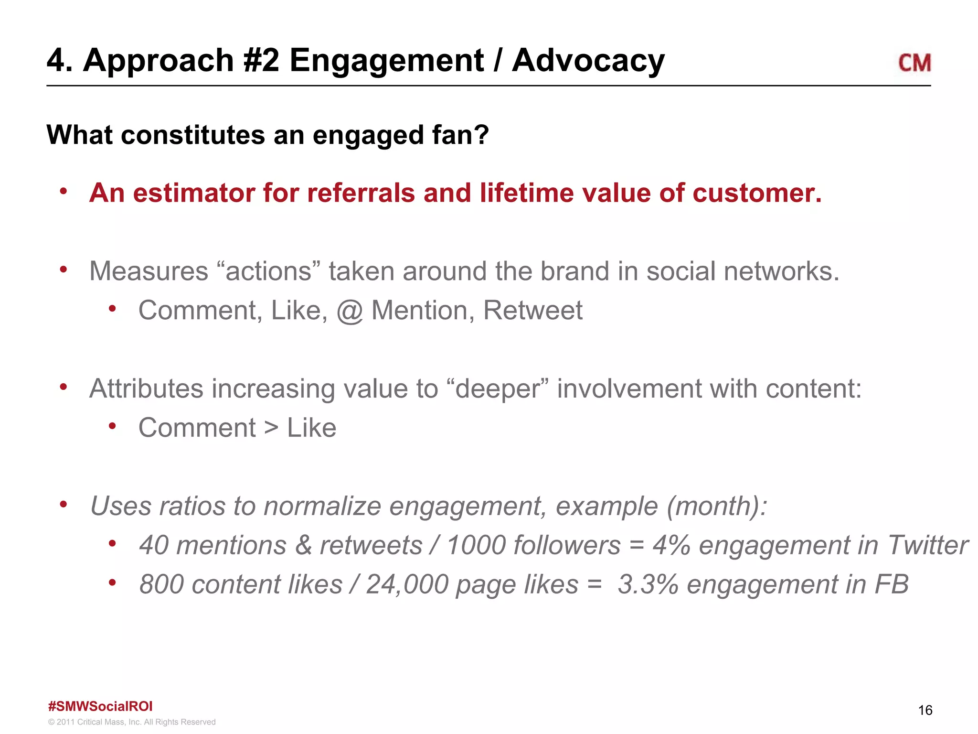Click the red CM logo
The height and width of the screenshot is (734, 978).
914,63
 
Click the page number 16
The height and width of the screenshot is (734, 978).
925,710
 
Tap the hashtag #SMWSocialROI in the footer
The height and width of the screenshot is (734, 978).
100,706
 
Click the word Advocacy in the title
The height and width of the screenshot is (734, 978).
588,61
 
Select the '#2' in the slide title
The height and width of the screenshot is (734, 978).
261,61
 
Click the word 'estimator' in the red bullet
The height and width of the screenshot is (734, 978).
193,193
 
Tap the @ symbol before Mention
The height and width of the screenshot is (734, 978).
350,311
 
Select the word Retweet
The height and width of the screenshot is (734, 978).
532,311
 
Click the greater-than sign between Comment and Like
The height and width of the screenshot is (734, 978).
271,428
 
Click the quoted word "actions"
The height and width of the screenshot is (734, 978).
268,271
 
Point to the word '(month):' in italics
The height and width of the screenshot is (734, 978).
717,506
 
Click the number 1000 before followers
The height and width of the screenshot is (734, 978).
476,545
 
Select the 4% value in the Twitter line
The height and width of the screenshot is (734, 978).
671,545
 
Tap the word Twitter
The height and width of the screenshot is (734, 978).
927,545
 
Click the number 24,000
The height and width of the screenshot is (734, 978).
407,584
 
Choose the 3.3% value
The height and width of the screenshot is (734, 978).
648,584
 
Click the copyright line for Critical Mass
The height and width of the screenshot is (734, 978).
132,722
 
